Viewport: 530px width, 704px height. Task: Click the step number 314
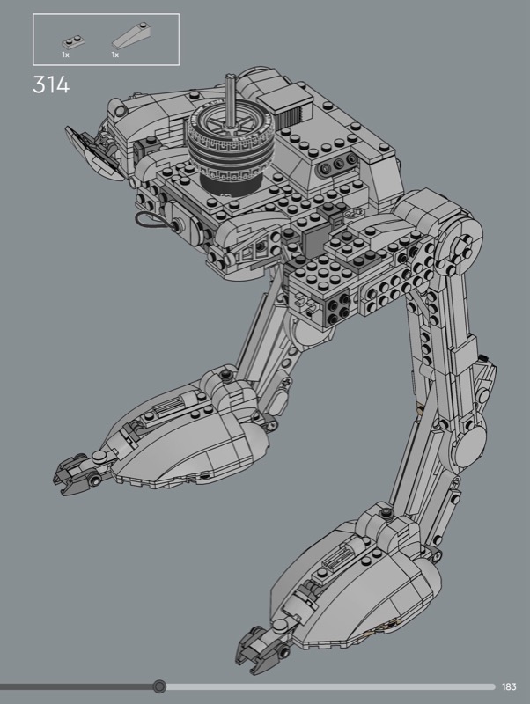51,84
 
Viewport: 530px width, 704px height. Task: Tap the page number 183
509,686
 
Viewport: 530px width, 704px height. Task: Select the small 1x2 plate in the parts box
74,42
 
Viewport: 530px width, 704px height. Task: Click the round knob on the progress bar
159,686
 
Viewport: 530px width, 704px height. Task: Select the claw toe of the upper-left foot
77,475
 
